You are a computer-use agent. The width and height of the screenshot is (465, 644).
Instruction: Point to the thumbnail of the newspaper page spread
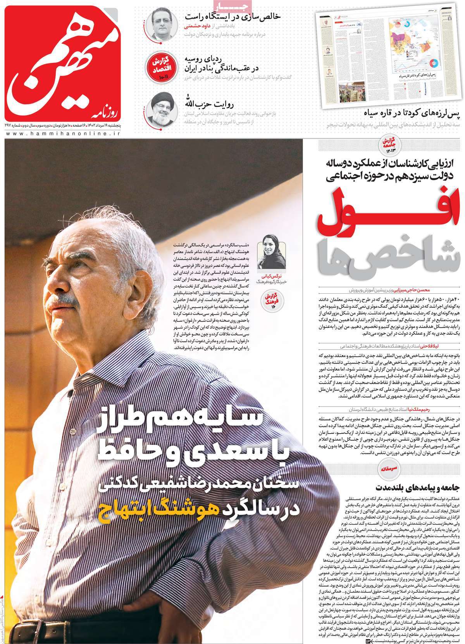387,54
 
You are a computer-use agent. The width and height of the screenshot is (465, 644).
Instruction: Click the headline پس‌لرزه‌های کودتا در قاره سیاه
413,114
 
